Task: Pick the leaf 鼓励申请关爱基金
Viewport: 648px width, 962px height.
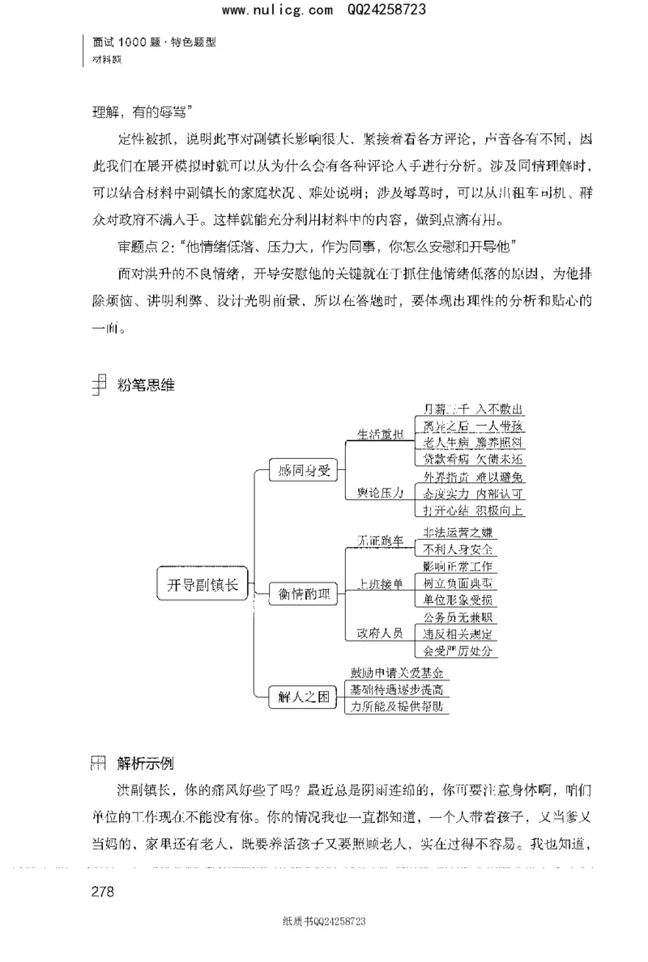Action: coord(396,672)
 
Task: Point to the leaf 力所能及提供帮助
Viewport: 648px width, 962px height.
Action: coord(396,706)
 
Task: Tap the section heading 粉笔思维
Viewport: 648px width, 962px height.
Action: coord(147,386)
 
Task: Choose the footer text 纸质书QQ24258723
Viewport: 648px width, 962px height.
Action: coord(324,921)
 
